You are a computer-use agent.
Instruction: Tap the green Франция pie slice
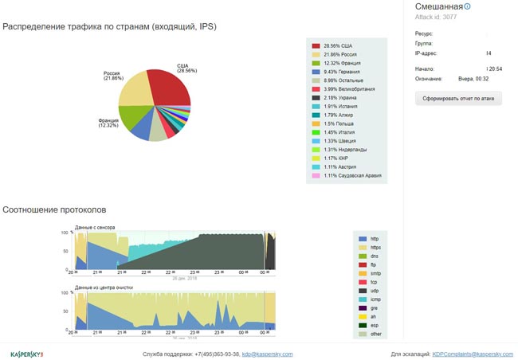pos(131,118)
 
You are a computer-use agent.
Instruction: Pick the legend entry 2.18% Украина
pos(341,97)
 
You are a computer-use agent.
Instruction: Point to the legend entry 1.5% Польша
pos(339,123)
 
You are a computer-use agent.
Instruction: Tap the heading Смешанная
pos(438,6)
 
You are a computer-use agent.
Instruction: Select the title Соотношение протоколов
pos(54,209)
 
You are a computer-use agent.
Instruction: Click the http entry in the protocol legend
pos(375,239)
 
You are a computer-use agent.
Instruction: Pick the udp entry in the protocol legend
pos(375,291)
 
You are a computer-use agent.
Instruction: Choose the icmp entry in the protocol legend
pos(375,299)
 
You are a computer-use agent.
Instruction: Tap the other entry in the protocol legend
pos(377,334)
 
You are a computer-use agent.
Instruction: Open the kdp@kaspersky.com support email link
pos(268,354)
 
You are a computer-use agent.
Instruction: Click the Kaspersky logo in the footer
pos(26,354)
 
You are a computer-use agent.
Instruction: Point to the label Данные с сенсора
pos(95,228)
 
